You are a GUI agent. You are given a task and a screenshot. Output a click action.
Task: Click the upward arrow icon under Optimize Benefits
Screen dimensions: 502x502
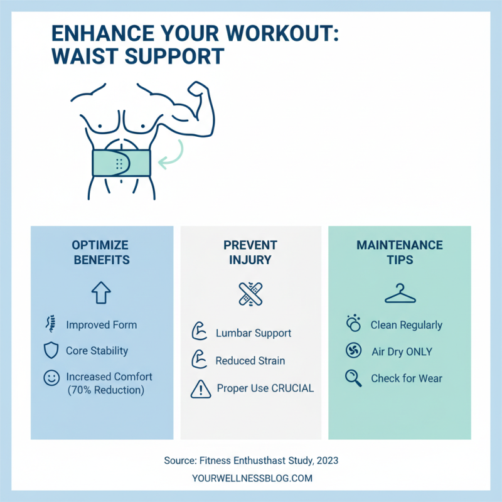pyautogui.click(x=102, y=292)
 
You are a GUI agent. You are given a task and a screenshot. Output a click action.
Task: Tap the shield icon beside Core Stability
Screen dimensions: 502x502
pyautogui.click(x=51, y=351)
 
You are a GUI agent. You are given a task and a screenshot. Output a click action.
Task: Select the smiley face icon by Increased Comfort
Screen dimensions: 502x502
pyautogui.click(x=51, y=378)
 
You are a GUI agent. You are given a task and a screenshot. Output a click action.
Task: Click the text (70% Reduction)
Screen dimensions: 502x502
pyautogui.click(x=105, y=390)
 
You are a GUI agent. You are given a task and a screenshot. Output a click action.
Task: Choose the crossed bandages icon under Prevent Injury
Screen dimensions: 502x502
pyautogui.click(x=250, y=293)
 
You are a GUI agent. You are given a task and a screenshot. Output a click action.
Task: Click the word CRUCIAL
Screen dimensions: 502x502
pyautogui.click(x=292, y=388)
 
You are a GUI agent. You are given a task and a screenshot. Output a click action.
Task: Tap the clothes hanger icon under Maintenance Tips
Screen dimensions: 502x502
pyautogui.click(x=400, y=293)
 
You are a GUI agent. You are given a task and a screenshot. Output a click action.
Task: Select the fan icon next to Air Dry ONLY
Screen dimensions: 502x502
pyautogui.click(x=354, y=351)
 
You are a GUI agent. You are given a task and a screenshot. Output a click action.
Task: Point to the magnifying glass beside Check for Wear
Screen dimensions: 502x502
pyautogui.click(x=354, y=378)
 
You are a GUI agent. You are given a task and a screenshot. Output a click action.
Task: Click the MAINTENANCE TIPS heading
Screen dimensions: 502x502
pyautogui.click(x=400, y=252)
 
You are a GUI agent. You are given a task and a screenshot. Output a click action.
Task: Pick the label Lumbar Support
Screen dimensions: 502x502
pyautogui.click(x=254, y=333)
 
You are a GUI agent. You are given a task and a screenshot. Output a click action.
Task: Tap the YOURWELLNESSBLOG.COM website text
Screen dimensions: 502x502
pyautogui.click(x=252, y=478)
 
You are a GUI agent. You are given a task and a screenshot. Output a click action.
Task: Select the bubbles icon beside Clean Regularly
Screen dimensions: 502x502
pyautogui.click(x=353, y=324)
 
